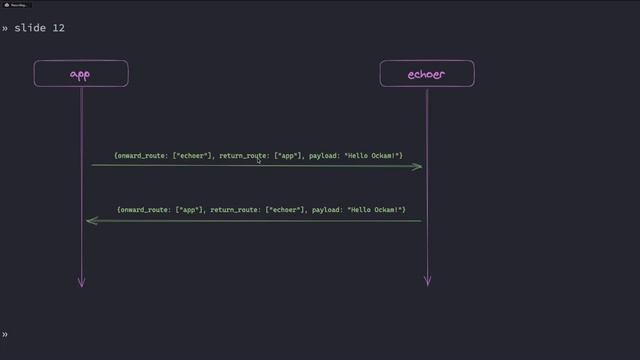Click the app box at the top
click(81, 74)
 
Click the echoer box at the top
click(427, 74)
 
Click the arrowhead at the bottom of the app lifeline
click(82, 283)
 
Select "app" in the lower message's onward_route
click(189, 210)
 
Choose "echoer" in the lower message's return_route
click(284, 210)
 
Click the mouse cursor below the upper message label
click(259, 160)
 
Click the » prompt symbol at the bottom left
click(4, 334)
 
